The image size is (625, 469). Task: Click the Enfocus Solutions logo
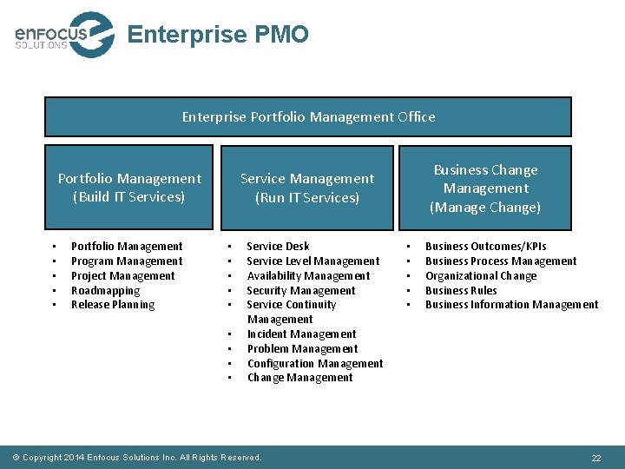(x=63, y=35)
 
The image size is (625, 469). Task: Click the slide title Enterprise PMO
(x=217, y=35)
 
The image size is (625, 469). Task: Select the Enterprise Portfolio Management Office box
(x=308, y=116)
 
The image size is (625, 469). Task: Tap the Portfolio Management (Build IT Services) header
(x=129, y=188)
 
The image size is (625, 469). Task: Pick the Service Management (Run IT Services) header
(x=307, y=188)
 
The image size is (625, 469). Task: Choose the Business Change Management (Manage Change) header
(x=485, y=188)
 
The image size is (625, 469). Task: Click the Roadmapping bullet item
(x=105, y=291)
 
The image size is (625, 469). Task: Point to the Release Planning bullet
(x=113, y=305)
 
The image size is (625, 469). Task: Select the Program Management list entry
(x=127, y=261)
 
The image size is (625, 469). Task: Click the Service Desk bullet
(x=278, y=247)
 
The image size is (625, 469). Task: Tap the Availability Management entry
(x=308, y=276)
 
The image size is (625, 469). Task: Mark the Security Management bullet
(x=301, y=291)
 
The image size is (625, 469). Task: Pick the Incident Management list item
(x=301, y=334)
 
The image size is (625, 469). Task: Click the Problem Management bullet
(x=302, y=349)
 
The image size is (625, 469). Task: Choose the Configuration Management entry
(x=315, y=364)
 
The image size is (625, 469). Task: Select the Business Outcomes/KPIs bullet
(x=486, y=247)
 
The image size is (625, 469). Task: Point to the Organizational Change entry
(x=481, y=276)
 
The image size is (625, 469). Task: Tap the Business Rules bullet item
(x=461, y=291)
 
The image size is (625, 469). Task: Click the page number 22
(x=596, y=458)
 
